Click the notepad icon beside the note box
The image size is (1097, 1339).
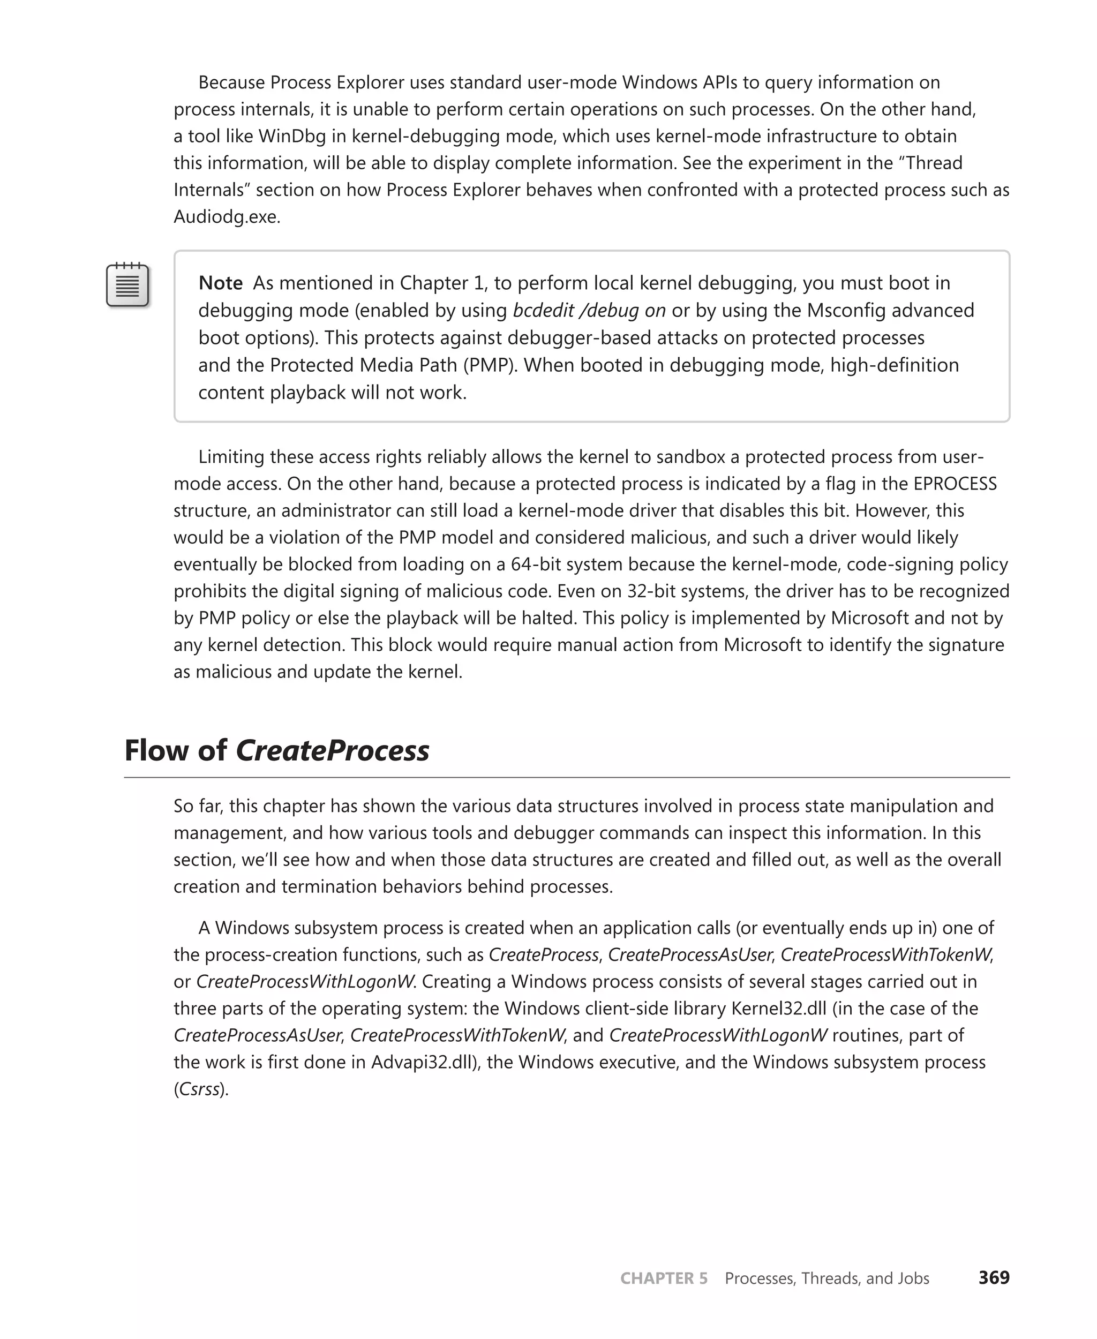coord(127,285)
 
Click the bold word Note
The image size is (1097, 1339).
coord(220,283)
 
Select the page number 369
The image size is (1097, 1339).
coord(994,1278)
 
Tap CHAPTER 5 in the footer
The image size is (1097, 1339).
coord(664,1278)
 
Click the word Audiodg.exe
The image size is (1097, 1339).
coord(227,217)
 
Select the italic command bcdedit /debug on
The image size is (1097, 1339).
coord(589,310)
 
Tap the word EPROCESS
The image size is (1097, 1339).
coord(955,484)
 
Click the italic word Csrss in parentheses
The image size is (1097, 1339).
coord(200,1089)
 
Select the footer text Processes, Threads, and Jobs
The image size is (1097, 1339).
coord(826,1278)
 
